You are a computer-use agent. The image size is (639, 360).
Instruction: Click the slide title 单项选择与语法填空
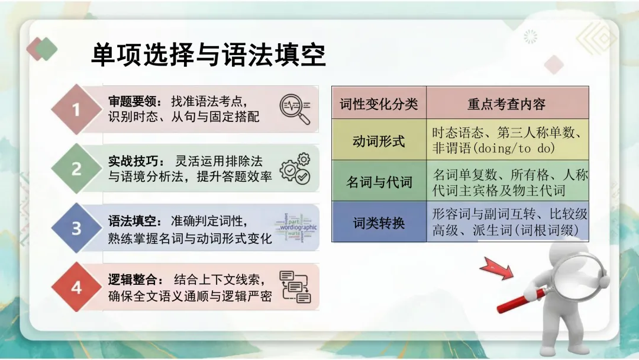click(x=208, y=56)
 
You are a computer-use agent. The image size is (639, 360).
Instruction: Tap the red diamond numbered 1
click(x=76, y=110)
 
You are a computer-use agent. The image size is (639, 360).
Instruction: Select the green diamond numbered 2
click(x=76, y=169)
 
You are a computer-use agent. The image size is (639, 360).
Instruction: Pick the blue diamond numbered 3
click(x=76, y=228)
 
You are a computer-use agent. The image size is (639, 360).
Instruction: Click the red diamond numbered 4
click(x=76, y=288)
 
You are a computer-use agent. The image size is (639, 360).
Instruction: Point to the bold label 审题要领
click(x=133, y=101)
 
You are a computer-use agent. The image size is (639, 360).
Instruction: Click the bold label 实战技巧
click(x=133, y=161)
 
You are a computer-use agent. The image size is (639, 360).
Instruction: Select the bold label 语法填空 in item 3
click(x=133, y=221)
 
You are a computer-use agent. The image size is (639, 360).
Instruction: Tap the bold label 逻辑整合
click(x=133, y=279)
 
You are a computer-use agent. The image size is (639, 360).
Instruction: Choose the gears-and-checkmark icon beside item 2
click(x=295, y=168)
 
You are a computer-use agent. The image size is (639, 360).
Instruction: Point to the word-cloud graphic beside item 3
click(x=296, y=228)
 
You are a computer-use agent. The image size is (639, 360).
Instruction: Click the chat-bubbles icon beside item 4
click(x=295, y=287)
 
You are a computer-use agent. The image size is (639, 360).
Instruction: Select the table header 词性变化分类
click(x=379, y=104)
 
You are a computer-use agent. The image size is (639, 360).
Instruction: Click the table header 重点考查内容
click(x=506, y=104)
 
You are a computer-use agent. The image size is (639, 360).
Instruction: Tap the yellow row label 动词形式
click(x=379, y=142)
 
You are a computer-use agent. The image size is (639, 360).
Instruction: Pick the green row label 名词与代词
click(x=379, y=182)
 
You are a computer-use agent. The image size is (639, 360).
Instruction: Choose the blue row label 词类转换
click(x=379, y=223)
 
